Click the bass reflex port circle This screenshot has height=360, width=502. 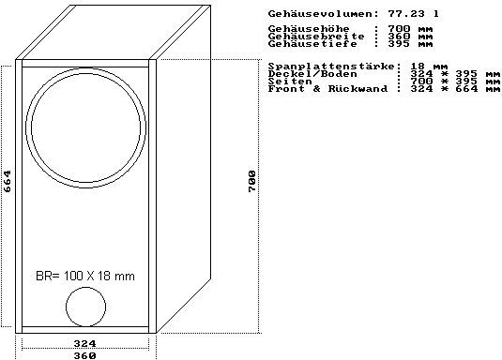click(x=66, y=307)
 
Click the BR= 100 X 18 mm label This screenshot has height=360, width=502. click(x=85, y=276)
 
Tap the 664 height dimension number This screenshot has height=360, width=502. click(x=8, y=181)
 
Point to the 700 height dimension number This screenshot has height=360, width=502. click(x=252, y=181)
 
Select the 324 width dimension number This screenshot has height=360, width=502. click(x=84, y=344)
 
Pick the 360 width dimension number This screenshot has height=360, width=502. click(x=84, y=355)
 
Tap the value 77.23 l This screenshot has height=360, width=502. click(x=413, y=14)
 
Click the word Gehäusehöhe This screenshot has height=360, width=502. click(x=309, y=28)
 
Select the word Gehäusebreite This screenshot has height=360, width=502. click(x=316, y=36)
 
